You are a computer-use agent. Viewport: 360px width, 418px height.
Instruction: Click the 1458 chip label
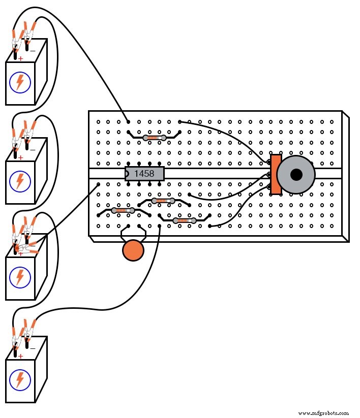[x=144, y=174]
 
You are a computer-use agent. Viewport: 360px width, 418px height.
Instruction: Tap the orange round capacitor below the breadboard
[x=133, y=251]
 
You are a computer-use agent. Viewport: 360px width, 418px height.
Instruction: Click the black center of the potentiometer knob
[x=296, y=175]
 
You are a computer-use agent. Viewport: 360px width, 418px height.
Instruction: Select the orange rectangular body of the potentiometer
[x=276, y=174]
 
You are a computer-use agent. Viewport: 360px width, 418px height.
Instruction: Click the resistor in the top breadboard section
[x=154, y=138]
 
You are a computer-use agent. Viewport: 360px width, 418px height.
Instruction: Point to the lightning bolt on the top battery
[x=20, y=82]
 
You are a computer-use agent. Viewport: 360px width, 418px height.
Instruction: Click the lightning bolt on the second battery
[x=20, y=181]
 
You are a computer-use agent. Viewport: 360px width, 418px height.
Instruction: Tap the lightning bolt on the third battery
[x=20, y=277]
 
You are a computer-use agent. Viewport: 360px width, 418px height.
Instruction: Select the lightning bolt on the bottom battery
[x=20, y=379]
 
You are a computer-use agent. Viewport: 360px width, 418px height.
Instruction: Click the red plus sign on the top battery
[x=20, y=58]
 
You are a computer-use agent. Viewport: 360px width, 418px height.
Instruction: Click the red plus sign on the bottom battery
[x=20, y=356]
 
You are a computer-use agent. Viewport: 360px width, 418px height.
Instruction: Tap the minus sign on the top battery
[x=33, y=51]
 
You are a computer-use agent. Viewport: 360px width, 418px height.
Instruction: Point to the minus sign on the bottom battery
[x=33, y=349]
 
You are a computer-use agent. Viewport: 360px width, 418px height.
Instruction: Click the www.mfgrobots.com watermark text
[x=323, y=413]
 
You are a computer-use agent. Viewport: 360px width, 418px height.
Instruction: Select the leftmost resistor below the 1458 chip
[x=123, y=210]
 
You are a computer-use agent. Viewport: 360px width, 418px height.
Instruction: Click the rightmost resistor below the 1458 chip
[x=184, y=220]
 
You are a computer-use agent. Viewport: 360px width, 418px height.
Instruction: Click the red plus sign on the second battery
[x=20, y=157]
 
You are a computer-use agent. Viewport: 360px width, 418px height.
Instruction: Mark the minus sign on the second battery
[x=33, y=150]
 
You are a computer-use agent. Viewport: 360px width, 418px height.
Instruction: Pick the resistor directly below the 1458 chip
[x=163, y=201]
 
